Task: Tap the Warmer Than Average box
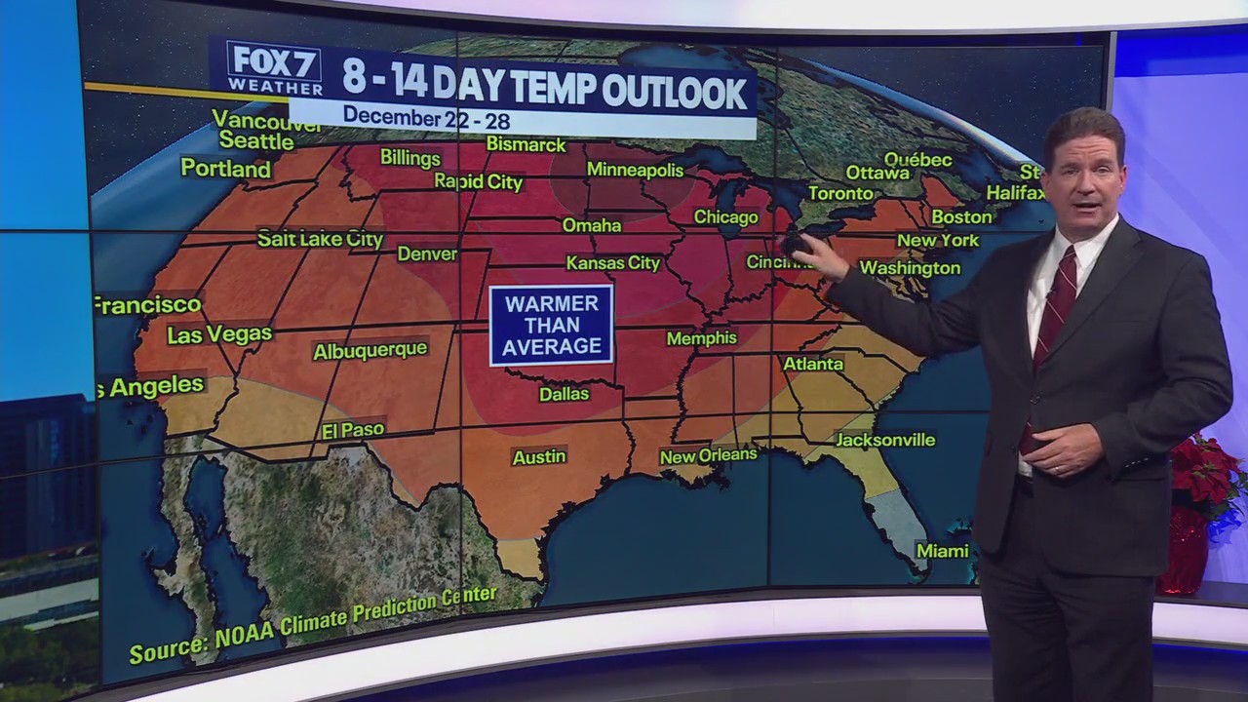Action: [551, 326]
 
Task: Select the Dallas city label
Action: [564, 394]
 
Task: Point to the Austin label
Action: [538, 456]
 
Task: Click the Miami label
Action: [942, 551]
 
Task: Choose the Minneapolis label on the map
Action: [635, 170]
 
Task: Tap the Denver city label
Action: [427, 253]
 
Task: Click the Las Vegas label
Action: [219, 335]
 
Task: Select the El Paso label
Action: [353, 430]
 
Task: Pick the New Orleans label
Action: [708, 455]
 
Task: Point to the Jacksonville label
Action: [885, 440]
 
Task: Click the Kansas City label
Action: [613, 263]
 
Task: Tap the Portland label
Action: [225, 169]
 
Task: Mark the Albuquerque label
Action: [370, 350]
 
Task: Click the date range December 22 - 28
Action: [426, 117]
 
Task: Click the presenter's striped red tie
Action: [1053, 312]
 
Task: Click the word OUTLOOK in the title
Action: [674, 92]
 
